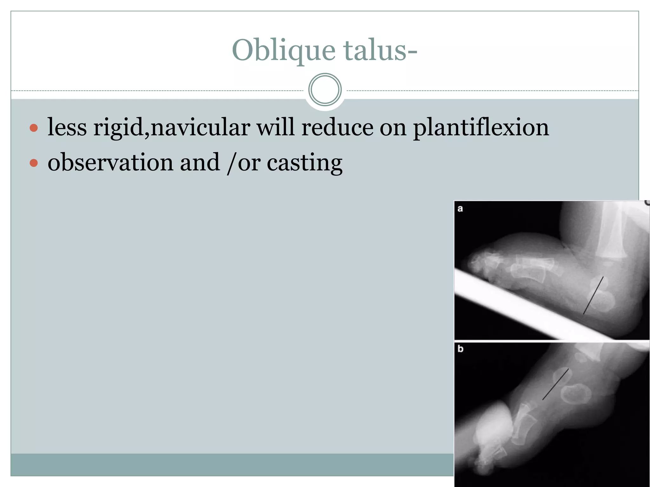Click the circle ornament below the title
[x=325, y=89]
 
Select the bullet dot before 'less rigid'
[x=34, y=128]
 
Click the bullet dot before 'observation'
[x=34, y=163]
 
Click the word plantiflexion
[x=481, y=127]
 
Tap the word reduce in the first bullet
[x=337, y=127]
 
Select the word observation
[x=110, y=162]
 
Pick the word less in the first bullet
[x=67, y=127]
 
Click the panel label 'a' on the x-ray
[x=460, y=209]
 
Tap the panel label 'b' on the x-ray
[x=461, y=349]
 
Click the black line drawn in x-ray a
[x=593, y=295]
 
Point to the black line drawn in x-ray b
[x=555, y=384]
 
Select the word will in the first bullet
[x=275, y=127]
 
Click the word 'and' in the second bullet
[x=200, y=162]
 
